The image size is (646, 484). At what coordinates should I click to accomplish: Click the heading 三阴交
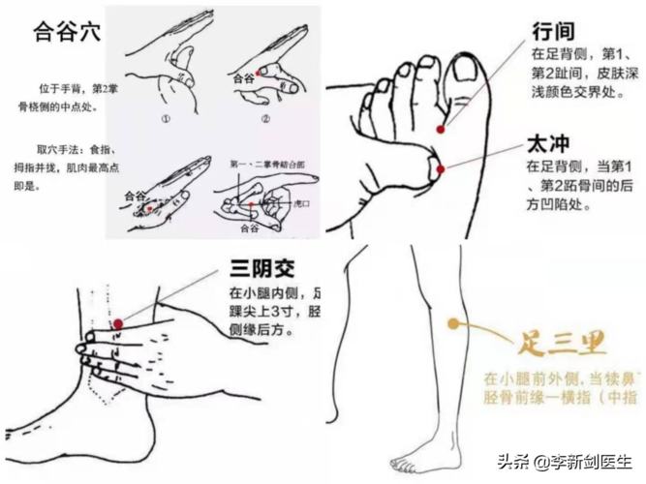coord(261,269)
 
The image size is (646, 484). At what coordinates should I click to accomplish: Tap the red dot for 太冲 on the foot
coord(441,168)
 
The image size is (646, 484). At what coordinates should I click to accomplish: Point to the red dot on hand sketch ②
coord(261,72)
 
